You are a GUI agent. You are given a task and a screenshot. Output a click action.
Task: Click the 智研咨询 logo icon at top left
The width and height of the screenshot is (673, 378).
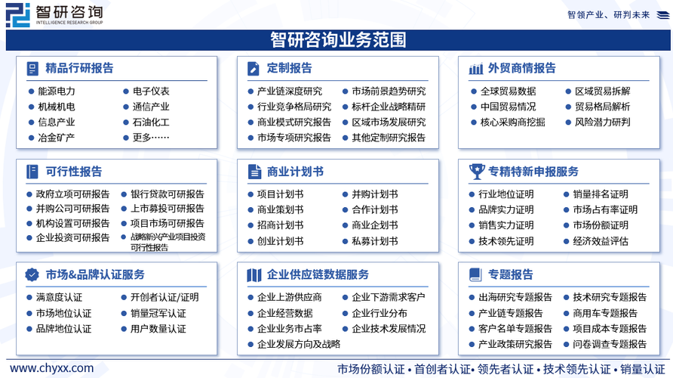(x=18, y=15)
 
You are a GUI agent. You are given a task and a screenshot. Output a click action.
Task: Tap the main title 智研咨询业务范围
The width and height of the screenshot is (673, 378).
(x=338, y=40)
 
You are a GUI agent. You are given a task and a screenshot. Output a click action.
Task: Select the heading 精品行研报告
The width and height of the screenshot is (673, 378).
(x=79, y=68)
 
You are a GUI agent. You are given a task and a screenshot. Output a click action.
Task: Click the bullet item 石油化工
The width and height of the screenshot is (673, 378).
(x=151, y=122)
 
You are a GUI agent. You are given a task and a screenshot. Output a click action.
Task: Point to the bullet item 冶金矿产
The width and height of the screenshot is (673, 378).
(x=57, y=138)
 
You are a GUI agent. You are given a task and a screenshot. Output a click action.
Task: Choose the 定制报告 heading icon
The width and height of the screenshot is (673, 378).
(x=254, y=68)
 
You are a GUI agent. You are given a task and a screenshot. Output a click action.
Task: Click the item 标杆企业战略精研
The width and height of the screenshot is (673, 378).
(x=389, y=107)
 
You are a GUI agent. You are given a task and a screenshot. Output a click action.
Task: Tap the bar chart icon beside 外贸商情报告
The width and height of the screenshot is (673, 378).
(x=476, y=68)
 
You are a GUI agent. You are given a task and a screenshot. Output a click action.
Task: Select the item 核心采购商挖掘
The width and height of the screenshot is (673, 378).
(x=512, y=122)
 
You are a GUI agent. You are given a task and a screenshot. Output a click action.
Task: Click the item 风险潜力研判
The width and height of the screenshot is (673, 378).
(x=602, y=122)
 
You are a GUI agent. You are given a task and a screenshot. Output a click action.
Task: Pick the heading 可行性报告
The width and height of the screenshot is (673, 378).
(x=74, y=172)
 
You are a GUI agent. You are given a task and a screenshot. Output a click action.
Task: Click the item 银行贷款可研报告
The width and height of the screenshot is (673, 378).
(x=167, y=194)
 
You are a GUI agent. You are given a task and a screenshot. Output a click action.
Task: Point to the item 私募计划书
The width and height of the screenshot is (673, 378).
(x=375, y=241)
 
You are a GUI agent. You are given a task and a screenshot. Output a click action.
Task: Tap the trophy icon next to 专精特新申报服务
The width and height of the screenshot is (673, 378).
(x=476, y=172)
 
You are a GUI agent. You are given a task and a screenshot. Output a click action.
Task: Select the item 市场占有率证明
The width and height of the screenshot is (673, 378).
(x=605, y=210)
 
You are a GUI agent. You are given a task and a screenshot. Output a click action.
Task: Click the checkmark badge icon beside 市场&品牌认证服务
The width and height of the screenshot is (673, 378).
(x=32, y=274)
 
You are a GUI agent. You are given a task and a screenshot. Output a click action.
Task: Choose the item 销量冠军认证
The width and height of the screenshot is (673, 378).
(x=158, y=314)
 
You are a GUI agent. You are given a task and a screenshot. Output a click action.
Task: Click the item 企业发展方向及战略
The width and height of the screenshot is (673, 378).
(x=299, y=345)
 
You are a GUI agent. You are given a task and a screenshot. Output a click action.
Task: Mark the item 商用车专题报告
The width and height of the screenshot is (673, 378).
(x=605, y=314)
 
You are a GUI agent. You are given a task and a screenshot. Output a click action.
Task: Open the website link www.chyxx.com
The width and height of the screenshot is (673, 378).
(x=51, y=368)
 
